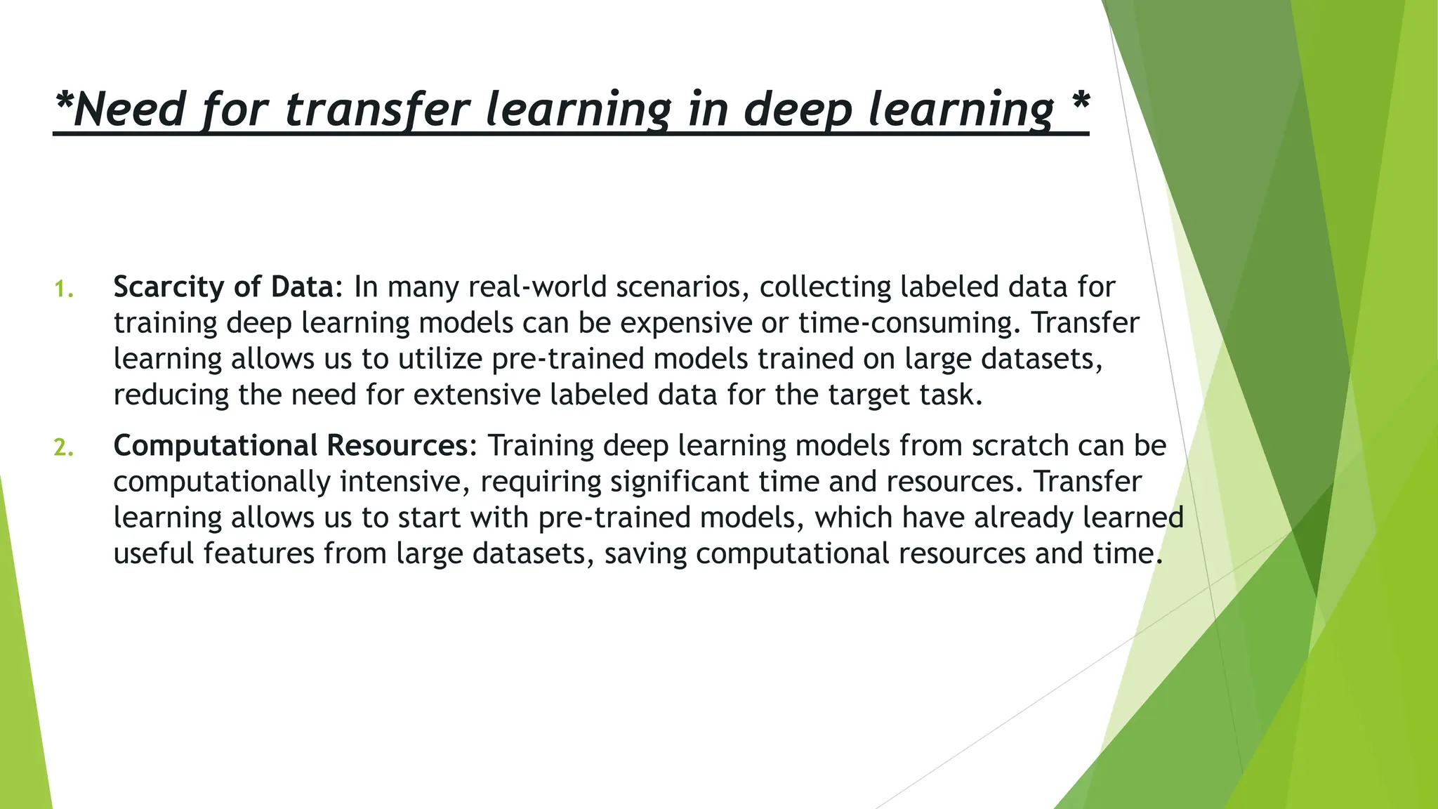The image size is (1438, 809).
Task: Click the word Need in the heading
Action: [129, 110]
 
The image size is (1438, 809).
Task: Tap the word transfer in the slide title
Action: [378, 110]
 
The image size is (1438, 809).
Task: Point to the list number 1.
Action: [63, 289]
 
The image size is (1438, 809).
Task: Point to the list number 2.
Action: [63, 447]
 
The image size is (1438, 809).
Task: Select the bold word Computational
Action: [216, 446]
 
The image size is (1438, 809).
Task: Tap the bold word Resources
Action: [397, 446]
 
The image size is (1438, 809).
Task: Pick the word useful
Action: [153, 553]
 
